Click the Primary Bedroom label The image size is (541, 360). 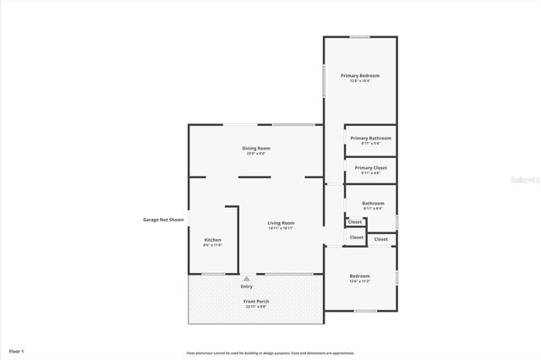pyautogui.click(x=360, y=76)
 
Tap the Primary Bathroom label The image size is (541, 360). pyautogui.click(x=370, y=138)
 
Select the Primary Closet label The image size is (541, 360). pyautogui.click(x=370, y=167)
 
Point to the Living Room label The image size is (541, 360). pyautogui.click(x=281, y=223)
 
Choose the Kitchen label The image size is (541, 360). pyautogui.click(x=213, y=240)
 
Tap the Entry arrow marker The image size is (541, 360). pyautogui.click(x=246, y=278)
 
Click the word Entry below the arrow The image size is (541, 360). pyautogui.click(x=246, y=286)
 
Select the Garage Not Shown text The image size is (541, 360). pyautogui.click(x=163, y=220)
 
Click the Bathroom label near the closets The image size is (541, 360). pyautogui.click(x=373, y=203)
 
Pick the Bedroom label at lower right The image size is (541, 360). pyautogui.click(x=360, y=275)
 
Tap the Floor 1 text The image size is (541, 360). pyautogui.click(x=17, y=350)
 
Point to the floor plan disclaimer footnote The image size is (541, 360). pyautogui.click(x=270, y=353)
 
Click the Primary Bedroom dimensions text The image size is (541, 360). pyautogui.click(x=360, y=82)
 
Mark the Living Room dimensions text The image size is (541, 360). pyautogui.click(x=281, y=228)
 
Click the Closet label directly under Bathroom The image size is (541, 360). pyautogui.click(x=355, y=222)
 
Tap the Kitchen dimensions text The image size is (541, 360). pyautogui.click(x=213, y=246)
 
